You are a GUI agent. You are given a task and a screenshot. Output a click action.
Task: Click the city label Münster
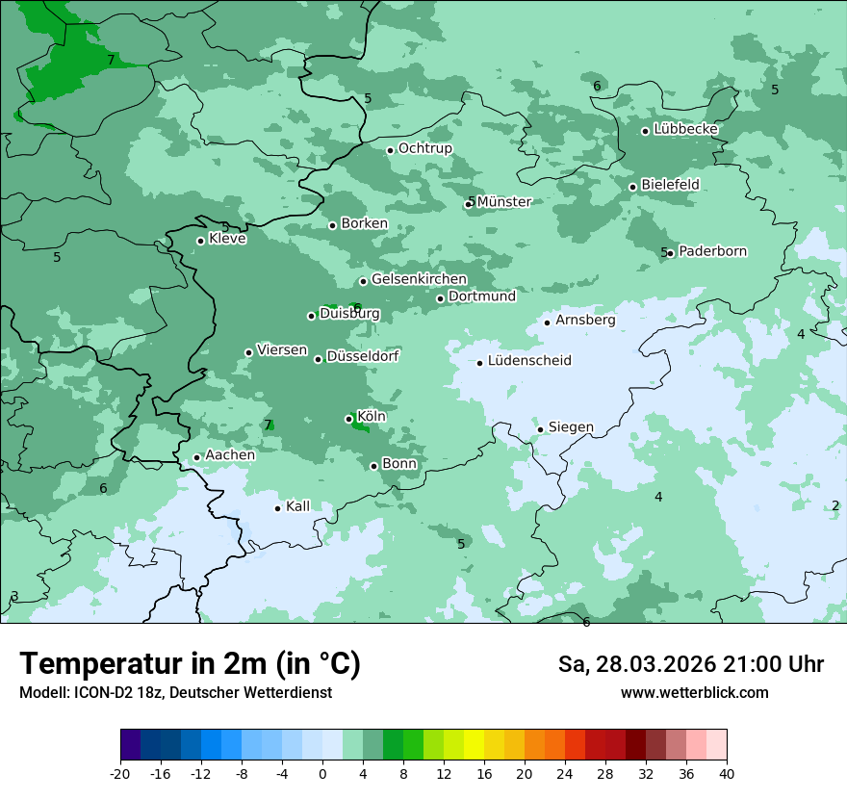504,202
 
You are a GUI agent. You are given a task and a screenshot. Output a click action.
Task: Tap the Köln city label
372,417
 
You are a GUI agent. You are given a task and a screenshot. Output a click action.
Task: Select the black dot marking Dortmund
440,298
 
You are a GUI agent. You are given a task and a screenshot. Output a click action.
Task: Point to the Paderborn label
712,252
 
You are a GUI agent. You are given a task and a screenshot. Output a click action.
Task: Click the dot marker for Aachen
196,458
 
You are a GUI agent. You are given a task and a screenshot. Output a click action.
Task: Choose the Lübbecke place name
685,129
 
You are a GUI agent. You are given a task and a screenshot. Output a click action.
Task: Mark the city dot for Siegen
540,429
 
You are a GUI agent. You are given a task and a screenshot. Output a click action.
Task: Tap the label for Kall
298,506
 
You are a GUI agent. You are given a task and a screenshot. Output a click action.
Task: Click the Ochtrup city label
424,148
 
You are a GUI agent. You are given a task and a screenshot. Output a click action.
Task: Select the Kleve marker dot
200,241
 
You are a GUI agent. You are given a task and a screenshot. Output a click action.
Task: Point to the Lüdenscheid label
529,361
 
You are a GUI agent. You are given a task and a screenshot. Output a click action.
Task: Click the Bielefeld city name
670,184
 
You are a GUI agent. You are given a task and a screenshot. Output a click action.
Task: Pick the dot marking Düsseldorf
318,359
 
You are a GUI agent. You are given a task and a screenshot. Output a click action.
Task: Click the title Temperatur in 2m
190,664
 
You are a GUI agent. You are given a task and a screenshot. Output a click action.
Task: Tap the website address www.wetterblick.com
694,692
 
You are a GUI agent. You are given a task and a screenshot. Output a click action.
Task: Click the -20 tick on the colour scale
120,774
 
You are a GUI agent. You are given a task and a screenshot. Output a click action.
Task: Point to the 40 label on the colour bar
726,774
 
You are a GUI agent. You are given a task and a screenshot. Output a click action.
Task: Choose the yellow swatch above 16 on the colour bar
474,745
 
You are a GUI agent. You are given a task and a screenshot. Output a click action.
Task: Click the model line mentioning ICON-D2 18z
175,692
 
